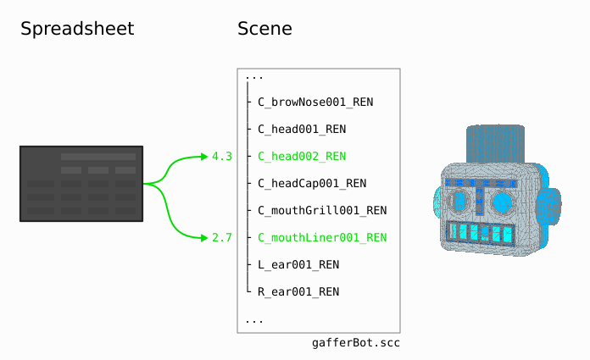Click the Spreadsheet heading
pyautogui.click(x=77, y=29)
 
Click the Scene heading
pyautogui.click(x=264, y=29)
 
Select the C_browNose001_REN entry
pyautogui.click(x=315, y=102)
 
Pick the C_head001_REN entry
pyautogui.click(x=302, y=130)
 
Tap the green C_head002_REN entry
pyautogui.click(x=302, y=157)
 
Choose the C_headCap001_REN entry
pyautogui.click(x=312, y=184)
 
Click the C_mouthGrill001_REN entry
pyautogui.click(x=322, y=211)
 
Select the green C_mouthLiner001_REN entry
pyautogui.click(x=322, y=238)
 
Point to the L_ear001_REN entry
pyautogui.click(x=298, y=265)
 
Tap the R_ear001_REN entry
pyautogui.click(x=298, y=292)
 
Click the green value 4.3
pyautogui.click(x=222, y=157)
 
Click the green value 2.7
pyautogui.click(x=222, y=238)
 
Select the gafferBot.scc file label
pyautogui.click(x=356, y=343)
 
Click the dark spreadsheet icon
pyautogui.click(x=81, y=184)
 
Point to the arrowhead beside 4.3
pyautogui.click(x=203, y=157)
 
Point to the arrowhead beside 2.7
pyautogui.click(x=203, y=238)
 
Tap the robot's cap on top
pyautogui.click(x=495, y=144)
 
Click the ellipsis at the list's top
pyautogui.click(x=253, y=76)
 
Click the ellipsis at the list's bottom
pyautogui.click(x=253, y=320)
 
